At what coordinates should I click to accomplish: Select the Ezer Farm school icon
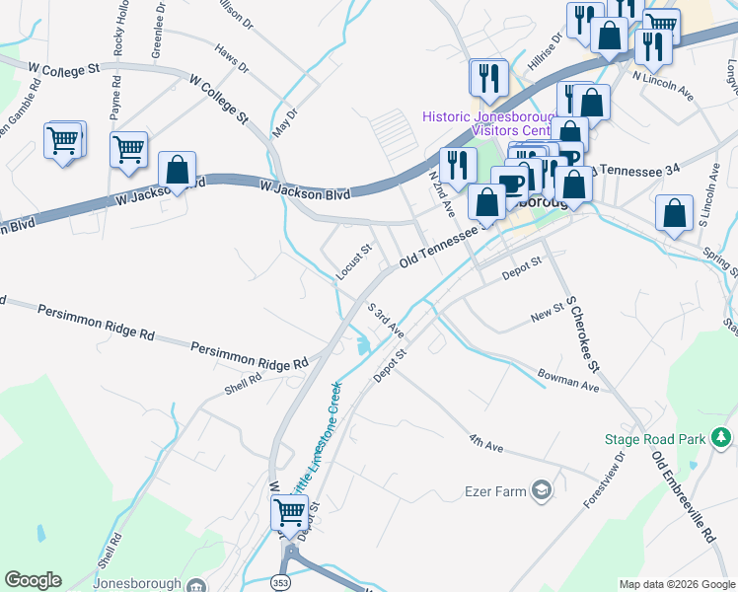tap(541, 490)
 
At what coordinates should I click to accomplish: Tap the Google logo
tap(33, 580)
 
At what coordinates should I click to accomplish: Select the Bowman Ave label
tap(568, 379)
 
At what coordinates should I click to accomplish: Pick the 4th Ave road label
tap(486, 443)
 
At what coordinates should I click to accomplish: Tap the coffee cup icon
tap(510, 184)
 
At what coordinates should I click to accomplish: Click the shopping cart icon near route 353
tap(289, 511)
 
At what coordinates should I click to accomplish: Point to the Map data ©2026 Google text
tap(676, 584)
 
